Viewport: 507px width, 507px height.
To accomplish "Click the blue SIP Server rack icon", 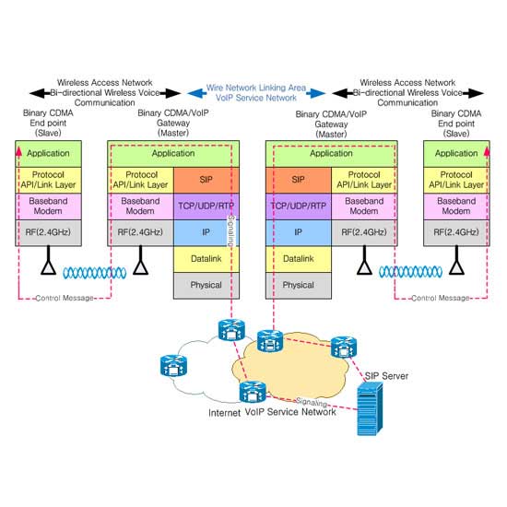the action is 370,408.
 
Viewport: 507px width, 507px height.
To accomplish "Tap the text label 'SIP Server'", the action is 386,376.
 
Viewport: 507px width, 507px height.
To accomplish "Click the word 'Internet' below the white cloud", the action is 224,413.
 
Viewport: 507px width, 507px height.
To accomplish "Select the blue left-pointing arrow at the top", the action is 197,93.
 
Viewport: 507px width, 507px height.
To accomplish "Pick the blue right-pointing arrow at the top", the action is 315,93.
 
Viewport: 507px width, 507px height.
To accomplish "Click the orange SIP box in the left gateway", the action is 206,180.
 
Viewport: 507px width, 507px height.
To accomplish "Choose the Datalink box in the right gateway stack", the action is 299,259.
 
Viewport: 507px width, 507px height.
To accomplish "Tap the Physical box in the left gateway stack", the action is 206,286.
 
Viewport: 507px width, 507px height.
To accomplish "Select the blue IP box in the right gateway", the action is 299,233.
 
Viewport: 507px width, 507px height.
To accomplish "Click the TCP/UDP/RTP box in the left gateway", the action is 206,206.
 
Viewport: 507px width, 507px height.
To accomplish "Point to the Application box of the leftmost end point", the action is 48,154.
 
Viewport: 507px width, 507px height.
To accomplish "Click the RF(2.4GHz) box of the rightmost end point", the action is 456,233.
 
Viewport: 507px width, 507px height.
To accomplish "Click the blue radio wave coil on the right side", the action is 410,272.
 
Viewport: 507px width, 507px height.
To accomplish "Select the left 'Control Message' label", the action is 65,298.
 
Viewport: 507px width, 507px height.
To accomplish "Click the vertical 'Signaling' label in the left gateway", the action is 231,230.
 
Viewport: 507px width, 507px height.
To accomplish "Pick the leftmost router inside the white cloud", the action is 173,366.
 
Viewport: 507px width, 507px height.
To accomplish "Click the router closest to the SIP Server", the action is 344,347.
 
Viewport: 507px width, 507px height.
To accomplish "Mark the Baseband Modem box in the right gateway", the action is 364,206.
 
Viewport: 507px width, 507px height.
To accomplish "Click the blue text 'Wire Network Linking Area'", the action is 256,88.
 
